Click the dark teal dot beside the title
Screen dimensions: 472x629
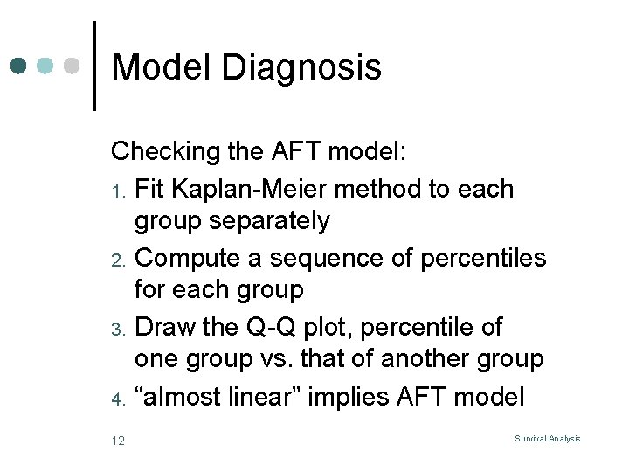(x=20, y=66)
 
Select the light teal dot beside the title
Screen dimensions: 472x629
(x=46, y=66)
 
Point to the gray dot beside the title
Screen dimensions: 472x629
(x=73, y=66)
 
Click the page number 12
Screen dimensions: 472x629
(x=118, y=441)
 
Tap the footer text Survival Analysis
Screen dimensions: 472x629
(x=548, y=438)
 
